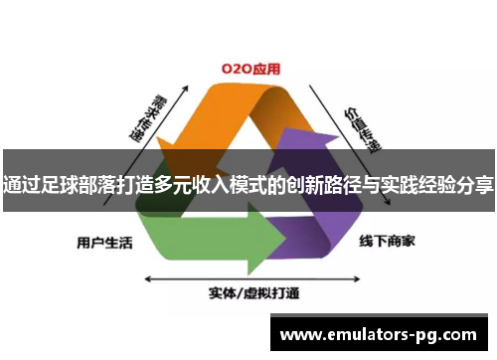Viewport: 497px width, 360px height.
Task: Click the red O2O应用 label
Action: [x=250, y=70]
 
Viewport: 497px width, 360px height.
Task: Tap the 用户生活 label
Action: [x=104, y=242]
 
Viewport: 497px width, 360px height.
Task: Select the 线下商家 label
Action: [x=388, y=241]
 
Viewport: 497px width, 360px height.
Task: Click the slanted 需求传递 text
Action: [x=144, y=117]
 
